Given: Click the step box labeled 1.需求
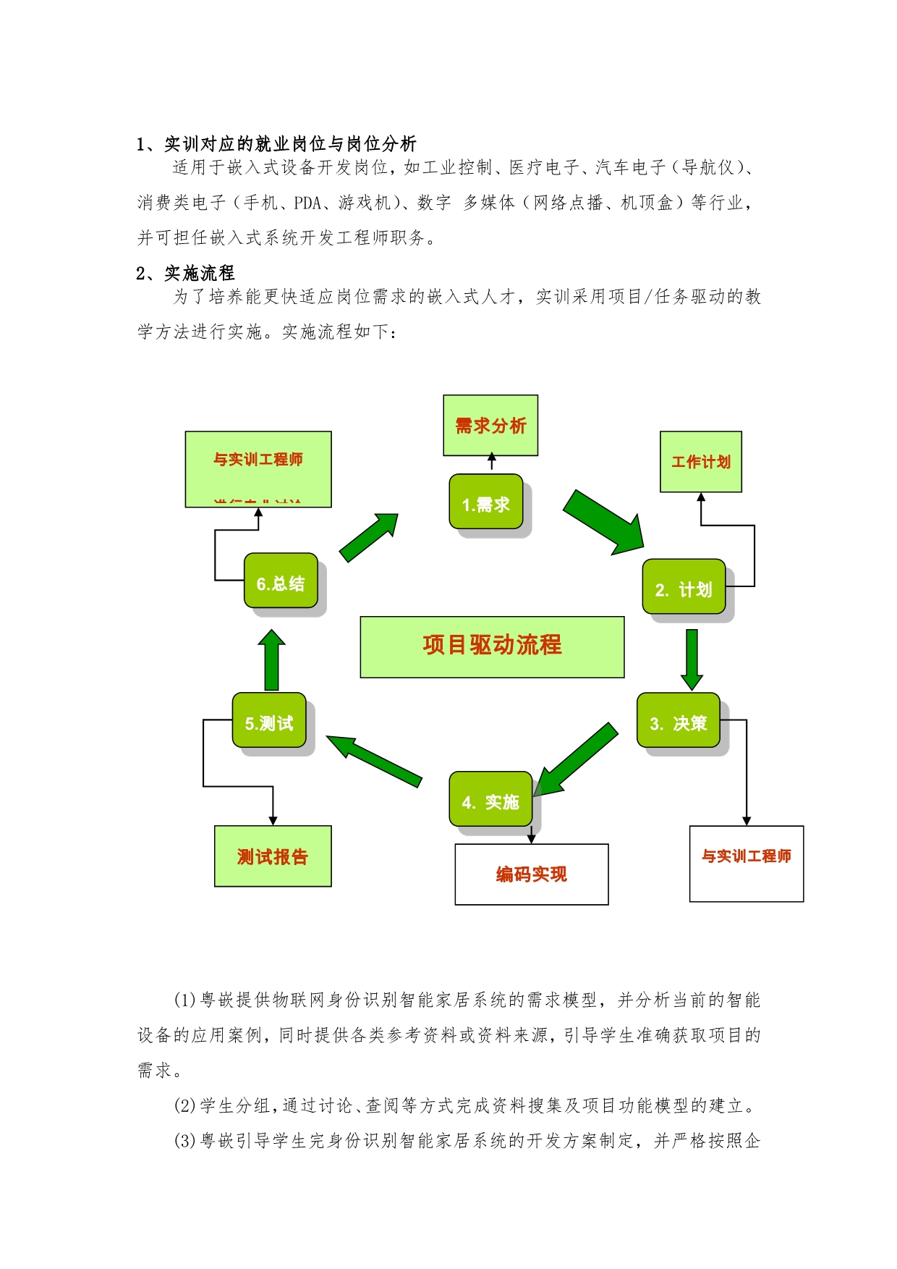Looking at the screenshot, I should click(x=485, y=502).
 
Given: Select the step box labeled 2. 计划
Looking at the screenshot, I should click(x=684, y=587).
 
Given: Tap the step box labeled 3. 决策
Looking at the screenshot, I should click(x=678, y=721).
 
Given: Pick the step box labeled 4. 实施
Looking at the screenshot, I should click(x=490, y=799).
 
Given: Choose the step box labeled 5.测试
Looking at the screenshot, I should click(x=269, y=720).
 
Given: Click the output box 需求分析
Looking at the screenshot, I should click(x=490, y=425).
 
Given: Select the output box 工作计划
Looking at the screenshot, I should click(x=700, y=462).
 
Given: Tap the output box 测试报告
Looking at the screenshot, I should click(x=273, y=856).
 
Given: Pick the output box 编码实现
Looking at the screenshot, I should click(x=531, y=874).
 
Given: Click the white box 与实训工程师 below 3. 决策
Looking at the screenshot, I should click(x=746, y=863).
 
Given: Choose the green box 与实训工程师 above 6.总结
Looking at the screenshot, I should click(x=258, y=468).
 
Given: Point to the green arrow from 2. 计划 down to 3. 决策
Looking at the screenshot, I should click(x=692, y=658).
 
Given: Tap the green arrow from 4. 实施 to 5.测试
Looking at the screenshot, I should click(x=374, y=760).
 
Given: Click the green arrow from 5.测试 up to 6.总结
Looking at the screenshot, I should click(x=272, y=660).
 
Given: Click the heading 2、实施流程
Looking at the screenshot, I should click(x=185, y=273).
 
